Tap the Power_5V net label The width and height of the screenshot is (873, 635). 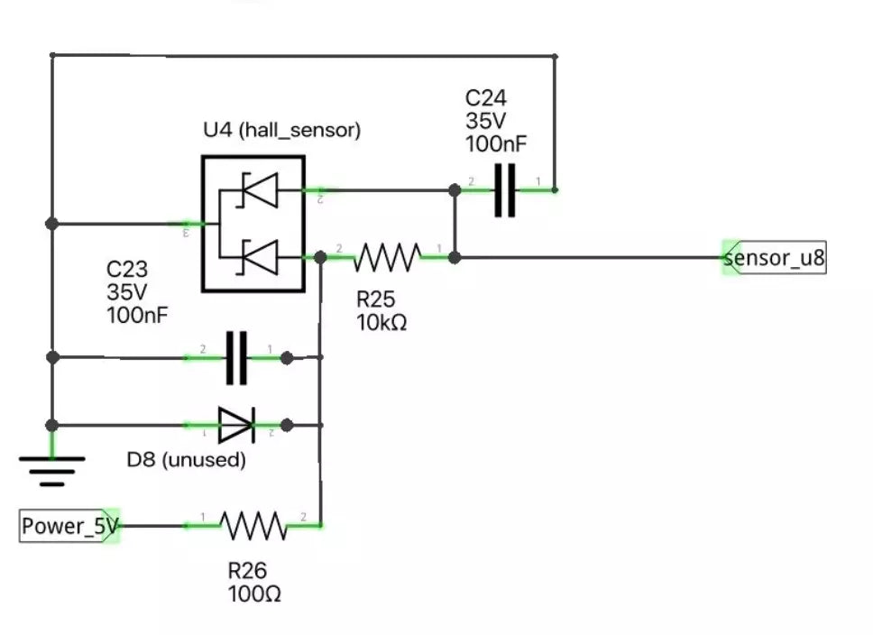tap(69, 527)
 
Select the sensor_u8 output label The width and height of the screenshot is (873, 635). tap(775, 258)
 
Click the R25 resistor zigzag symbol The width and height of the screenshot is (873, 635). tap(387, 257)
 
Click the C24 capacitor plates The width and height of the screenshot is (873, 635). tap(505, 190)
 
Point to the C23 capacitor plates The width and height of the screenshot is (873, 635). tap(236, 358)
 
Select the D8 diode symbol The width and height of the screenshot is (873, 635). tap(236, 425)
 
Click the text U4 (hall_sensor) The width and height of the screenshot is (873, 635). tap(281, 130)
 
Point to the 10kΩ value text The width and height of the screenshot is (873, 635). tap(381, 321)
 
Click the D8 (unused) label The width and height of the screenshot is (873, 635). tap(186, 460)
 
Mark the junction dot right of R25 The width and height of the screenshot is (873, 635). tap(455, 258)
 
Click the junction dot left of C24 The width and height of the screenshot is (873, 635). tap(455, 190)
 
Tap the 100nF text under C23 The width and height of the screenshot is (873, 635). tap(137, 316)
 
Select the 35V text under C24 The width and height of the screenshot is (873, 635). tap(484, 120)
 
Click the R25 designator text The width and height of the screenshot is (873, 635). tap(376, 299)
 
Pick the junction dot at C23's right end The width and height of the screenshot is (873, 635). tap(286, 358)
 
